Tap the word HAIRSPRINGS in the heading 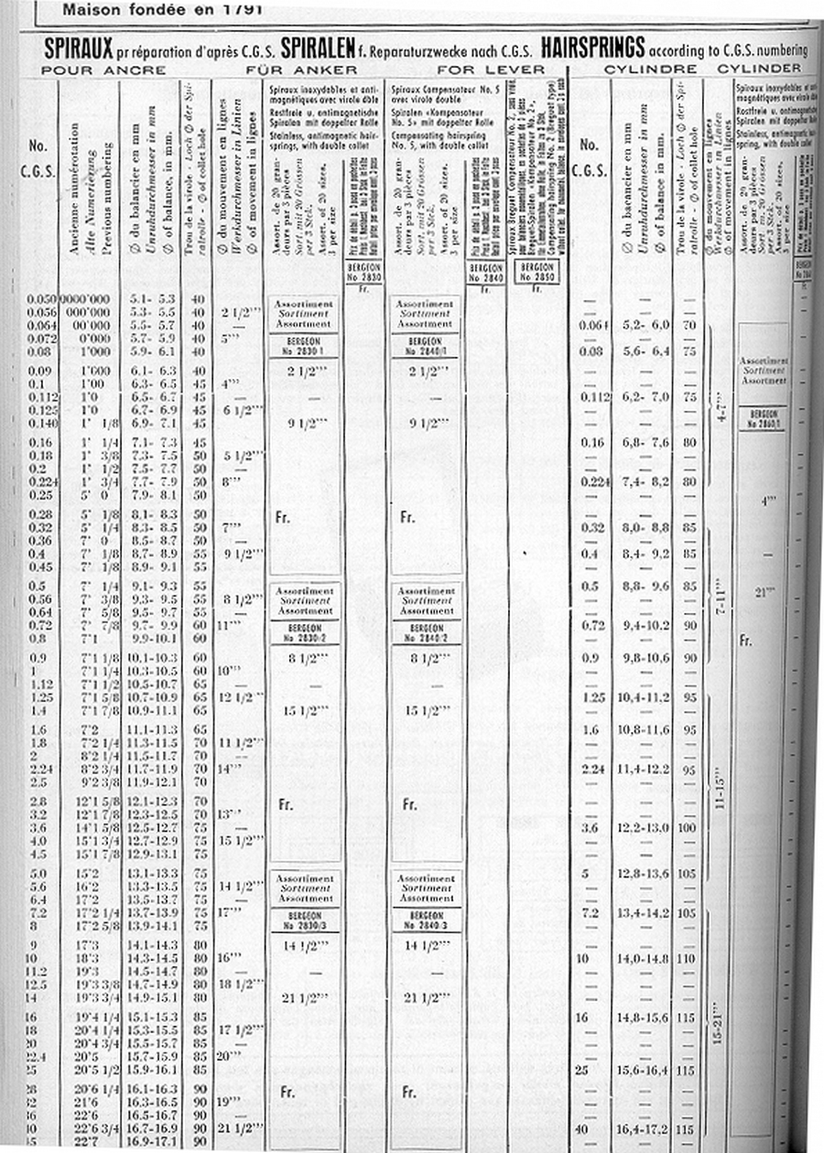coord(591,47)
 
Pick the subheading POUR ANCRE coord(104,70)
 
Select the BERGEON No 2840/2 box coord(426,632)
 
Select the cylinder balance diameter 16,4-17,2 coord(646,1126)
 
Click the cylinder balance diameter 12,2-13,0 coord(646,828)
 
